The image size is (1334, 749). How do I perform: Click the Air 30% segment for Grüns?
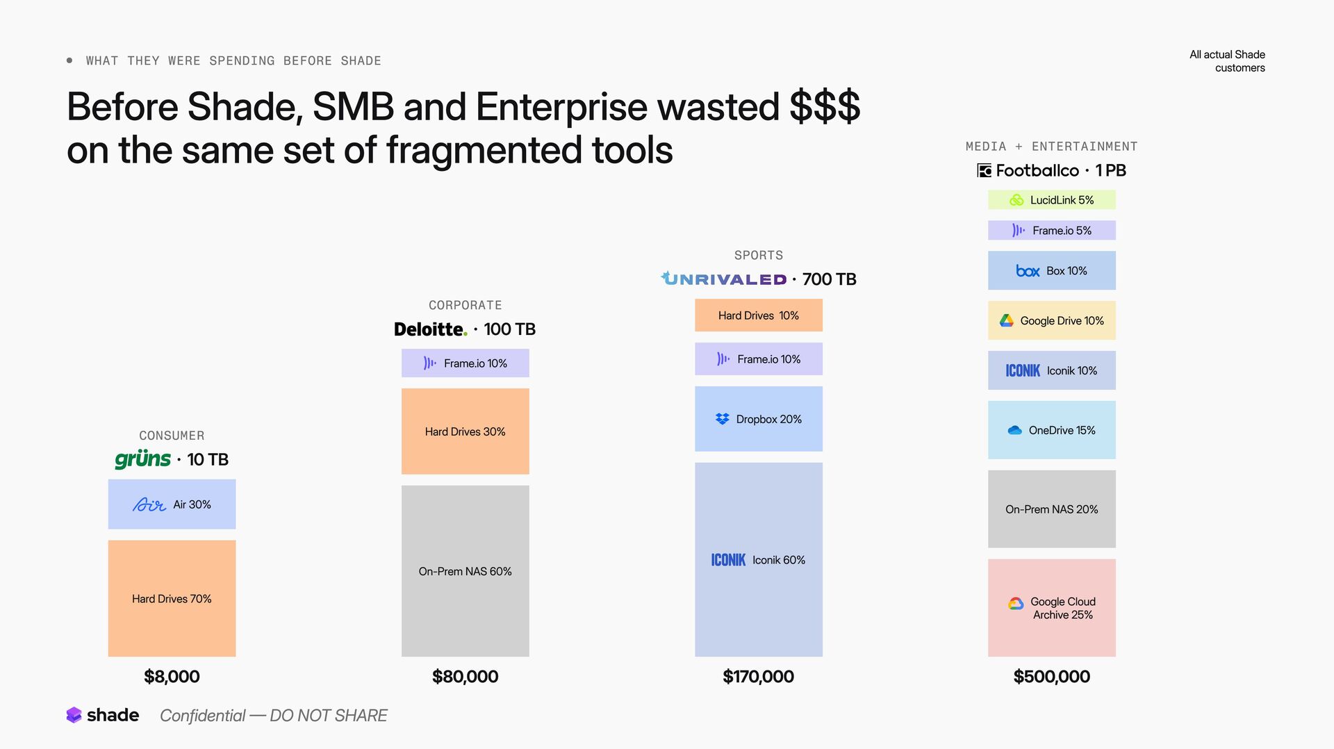(172, 504)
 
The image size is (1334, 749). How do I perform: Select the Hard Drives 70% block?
(172, 598)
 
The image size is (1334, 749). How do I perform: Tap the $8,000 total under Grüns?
(172, 676)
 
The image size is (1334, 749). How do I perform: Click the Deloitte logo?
(430, 329)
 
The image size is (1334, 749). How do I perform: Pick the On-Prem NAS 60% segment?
(465, 571)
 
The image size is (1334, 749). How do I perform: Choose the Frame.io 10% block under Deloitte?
(465, 363)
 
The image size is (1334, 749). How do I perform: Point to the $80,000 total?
(465, 676)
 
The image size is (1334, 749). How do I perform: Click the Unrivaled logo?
(723, 279)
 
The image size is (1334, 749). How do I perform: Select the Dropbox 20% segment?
(758, 419)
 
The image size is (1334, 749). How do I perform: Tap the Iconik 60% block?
(758, 560)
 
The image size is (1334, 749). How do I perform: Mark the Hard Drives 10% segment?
(758, 315)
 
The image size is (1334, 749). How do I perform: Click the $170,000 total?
(758, 676)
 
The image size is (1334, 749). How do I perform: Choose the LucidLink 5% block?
(1051, 200)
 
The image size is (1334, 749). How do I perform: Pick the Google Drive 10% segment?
(1051, 320)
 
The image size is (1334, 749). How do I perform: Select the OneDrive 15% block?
(1051, 430)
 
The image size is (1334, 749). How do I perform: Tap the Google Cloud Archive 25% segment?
(1051, 608)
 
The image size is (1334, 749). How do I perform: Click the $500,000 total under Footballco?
(1051, 676)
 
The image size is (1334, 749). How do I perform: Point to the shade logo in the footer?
(103, 715)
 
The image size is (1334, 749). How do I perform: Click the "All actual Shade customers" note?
(1227, 61)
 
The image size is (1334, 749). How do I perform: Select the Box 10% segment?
(1051, 270)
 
